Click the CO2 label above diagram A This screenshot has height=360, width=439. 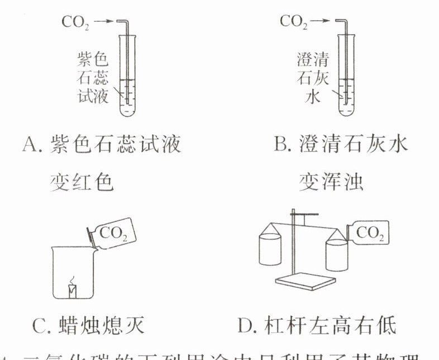[x=75, y=23]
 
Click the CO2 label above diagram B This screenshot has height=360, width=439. [x=293, y=22]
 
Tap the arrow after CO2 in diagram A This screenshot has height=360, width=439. [x=103, y=22]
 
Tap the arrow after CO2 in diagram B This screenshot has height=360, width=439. [x=320, y=22]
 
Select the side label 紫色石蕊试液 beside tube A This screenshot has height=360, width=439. [x=92, y=78]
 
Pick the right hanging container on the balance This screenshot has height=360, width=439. [x=337, y=252]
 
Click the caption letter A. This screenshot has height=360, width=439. [x=28, y=145]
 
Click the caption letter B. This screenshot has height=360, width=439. [x=280, y=145]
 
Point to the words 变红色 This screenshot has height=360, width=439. [x=82, y=182]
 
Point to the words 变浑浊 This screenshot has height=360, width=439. [x=331, y=182]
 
